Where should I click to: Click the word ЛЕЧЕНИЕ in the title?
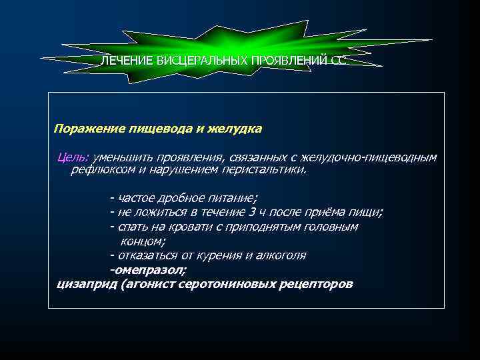(x=127, y=61)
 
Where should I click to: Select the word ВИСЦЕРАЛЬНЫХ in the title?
(x=201, y=61)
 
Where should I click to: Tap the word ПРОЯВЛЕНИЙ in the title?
(x=288, y=61)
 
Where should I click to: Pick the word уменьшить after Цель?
(x=124, y=157)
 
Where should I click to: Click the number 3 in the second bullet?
(x=251, y=212)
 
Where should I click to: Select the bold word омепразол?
(x=151, y=270)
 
